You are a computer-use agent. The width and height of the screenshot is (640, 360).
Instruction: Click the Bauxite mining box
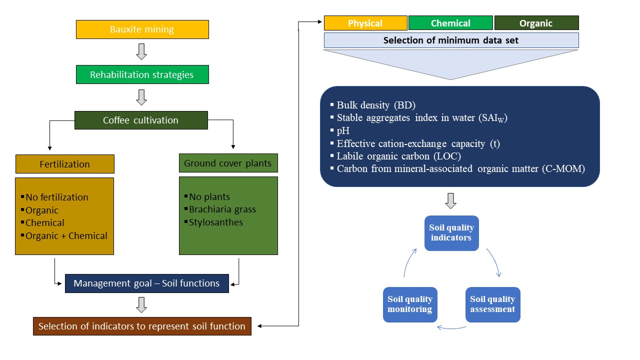[142, 29]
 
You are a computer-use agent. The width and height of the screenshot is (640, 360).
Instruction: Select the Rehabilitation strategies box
[142, 75]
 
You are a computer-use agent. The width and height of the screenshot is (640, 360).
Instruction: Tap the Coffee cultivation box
[141, 120]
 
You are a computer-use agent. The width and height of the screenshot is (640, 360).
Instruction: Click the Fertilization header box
[65, 164]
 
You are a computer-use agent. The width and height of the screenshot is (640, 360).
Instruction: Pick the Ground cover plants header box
[228, 163]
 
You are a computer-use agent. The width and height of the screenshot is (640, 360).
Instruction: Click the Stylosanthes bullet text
[215, 222]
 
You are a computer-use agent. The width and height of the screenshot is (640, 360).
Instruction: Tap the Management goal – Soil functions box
[146, 283]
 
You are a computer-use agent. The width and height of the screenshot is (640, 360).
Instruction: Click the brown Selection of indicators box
[142, 326]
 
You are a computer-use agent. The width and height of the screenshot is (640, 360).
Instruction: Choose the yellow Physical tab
[365, 23]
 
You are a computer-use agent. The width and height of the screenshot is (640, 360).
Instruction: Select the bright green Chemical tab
[451, 23]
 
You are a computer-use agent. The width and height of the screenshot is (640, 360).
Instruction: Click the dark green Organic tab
[536, 23]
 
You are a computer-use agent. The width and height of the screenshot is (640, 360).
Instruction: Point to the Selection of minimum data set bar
[451, 40]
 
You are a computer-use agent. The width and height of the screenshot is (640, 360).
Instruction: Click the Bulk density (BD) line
[376, 105]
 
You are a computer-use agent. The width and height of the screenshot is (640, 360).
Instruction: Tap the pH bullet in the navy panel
[343, 131]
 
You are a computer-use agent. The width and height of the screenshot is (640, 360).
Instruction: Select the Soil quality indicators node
[451, 233]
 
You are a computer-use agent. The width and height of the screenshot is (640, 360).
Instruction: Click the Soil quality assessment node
[492, 304]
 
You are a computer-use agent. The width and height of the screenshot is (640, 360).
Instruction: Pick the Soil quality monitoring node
[410, 304]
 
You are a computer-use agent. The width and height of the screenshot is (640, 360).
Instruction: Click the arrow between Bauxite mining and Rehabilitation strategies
[141, 51]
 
